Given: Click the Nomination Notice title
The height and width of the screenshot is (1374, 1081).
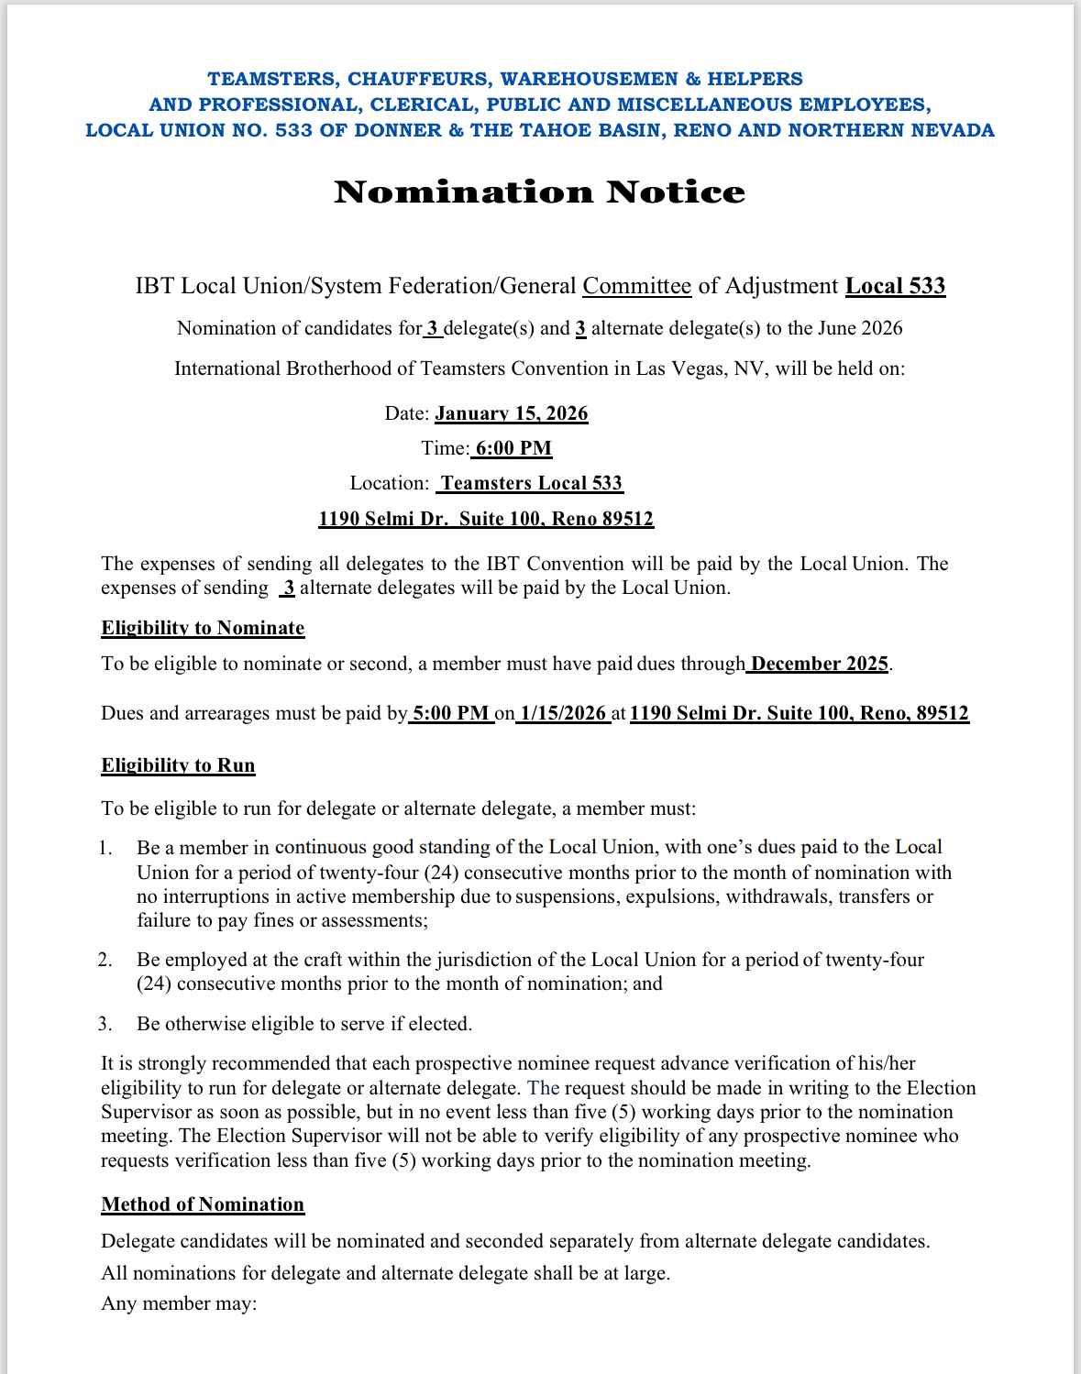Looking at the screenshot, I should tap(539, 192).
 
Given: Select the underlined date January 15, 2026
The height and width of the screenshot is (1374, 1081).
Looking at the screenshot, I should tap(511, 413).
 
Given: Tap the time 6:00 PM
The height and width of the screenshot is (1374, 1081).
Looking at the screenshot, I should tap(513, 448).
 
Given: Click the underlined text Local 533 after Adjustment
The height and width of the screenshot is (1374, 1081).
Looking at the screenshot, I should tap(895, 286).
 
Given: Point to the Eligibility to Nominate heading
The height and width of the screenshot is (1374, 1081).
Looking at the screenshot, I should tap(203, 628).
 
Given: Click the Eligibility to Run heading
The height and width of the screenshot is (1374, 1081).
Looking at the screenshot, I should tap(178, 765).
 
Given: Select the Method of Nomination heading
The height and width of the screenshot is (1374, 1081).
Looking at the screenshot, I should tap(203, 1204).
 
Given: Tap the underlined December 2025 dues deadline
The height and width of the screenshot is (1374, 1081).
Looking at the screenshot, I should tap(819, 664).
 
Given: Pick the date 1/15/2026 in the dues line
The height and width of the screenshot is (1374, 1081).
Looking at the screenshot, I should tap(563, 713).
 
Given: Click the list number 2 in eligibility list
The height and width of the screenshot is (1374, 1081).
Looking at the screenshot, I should tap(105, 960).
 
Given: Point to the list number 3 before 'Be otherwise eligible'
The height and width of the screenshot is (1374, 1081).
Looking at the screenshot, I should tap(105, 1024).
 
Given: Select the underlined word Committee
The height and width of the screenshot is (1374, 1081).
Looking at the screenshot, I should tap(636, 286).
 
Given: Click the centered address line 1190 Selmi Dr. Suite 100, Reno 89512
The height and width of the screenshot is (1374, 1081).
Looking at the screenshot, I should tap(486, 519).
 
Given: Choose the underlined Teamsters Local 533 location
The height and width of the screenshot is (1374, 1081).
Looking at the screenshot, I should tap(531, 483).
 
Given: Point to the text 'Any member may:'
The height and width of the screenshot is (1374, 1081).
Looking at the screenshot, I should tap(179, 1303).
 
